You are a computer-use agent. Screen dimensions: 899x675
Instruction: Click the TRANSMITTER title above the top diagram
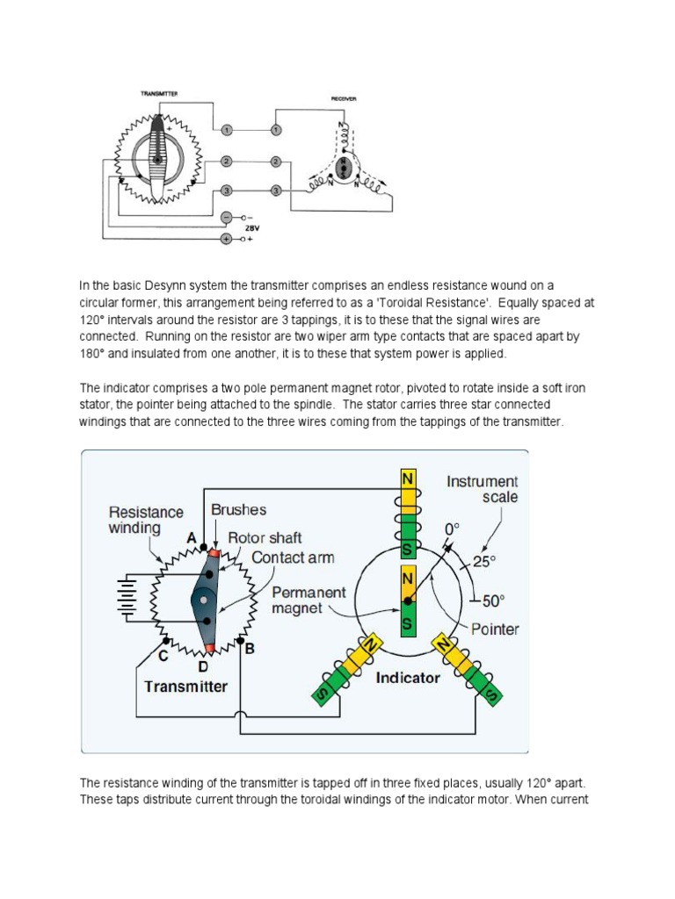click(x=158, y=93)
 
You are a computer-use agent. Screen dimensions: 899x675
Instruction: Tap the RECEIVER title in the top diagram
click(x=343, y=99)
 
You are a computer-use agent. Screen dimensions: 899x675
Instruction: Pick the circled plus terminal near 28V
click(x=226, y=238)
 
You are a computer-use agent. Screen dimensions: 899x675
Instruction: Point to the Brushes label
click(x=238, y=509)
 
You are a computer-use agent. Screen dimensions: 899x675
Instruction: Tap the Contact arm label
click(x=293, y=557)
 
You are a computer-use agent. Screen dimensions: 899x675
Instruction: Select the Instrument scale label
click(x=482, y=489)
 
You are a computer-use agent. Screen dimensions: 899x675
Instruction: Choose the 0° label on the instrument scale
click(x=452, y=529)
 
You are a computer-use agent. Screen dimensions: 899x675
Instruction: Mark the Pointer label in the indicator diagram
click(x=494, y=629)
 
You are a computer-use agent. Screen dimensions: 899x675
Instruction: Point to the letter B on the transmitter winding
click(x=250, y=650)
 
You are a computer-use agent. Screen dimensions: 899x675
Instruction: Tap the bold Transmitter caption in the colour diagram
click(x=185, y=687)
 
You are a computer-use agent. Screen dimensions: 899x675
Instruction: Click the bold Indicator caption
click(x=407, y=678)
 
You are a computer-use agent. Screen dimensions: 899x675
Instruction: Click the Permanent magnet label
click(x=308, y=601)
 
